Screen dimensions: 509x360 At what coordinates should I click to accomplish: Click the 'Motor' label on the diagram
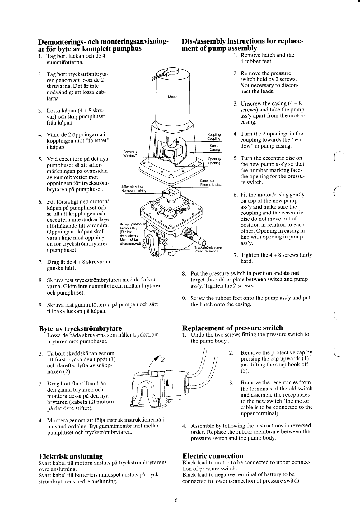(x=172, y=97)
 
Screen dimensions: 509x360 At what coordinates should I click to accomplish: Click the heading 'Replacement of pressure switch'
(x=232, y=328)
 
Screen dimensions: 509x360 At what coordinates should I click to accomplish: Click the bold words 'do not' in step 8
(x=291, y=273)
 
